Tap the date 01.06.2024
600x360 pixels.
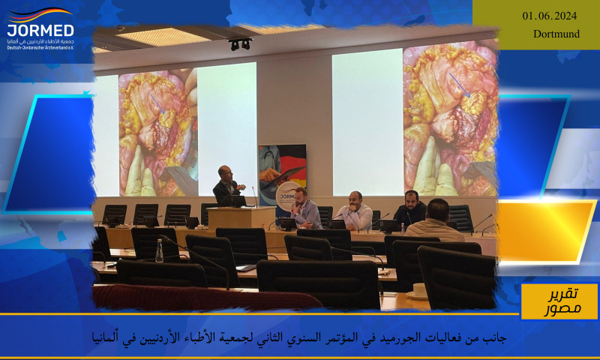click(550, 16)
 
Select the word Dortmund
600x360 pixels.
click(556, 34)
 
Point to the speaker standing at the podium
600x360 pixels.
click(226, 184)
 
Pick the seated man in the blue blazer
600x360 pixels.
click(305, 209)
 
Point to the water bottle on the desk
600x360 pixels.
click(159, 250)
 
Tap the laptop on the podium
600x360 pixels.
click(239, 201)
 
